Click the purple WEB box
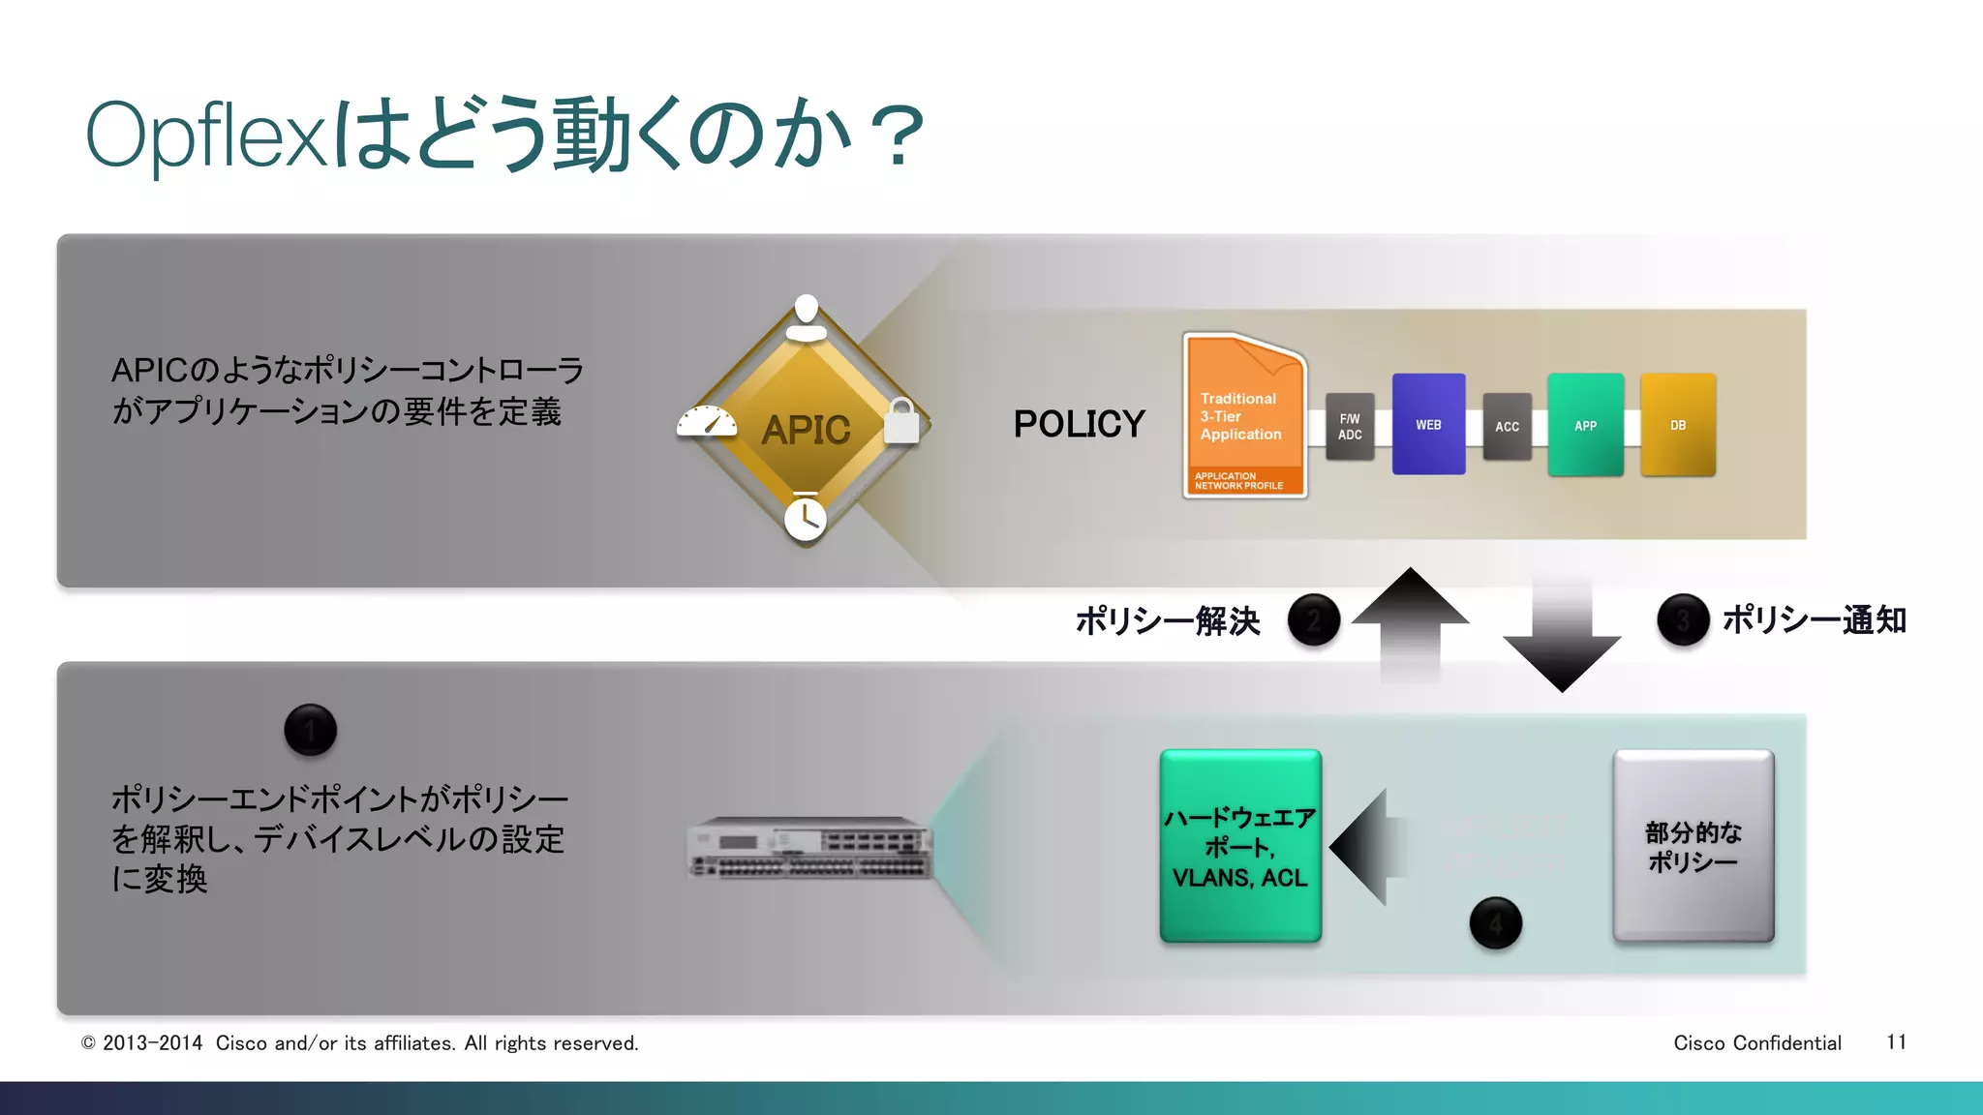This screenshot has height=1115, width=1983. tap(1428, 424)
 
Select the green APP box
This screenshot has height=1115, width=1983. tap(1585, 425)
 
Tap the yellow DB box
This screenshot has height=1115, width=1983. tap(1678, 425)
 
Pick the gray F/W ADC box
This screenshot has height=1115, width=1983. tap(1350, 427)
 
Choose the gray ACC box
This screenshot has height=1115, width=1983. tap(1507, 427)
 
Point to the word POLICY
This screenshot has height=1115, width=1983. tap(1079, 424)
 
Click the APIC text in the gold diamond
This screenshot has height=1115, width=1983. tap(806, 430)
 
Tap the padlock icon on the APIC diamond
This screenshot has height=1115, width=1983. tap(901, 421)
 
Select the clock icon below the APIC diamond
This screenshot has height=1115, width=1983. tap(805, 519)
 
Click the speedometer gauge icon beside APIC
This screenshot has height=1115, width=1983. tap(707, 423)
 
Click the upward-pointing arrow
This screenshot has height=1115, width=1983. tap(1410, 619)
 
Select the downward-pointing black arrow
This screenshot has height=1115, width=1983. tap(1562, 639)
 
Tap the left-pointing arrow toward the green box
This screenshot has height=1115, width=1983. tap(1367, 847)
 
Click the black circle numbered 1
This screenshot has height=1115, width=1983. tap(310, 730)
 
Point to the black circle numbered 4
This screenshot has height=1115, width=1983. tap(1495, 923)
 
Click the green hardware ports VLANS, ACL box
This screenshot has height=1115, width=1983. tap(1240, 846)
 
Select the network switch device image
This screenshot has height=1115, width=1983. tap(809, 848)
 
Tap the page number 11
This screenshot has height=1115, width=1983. tap(1896, 1042)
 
